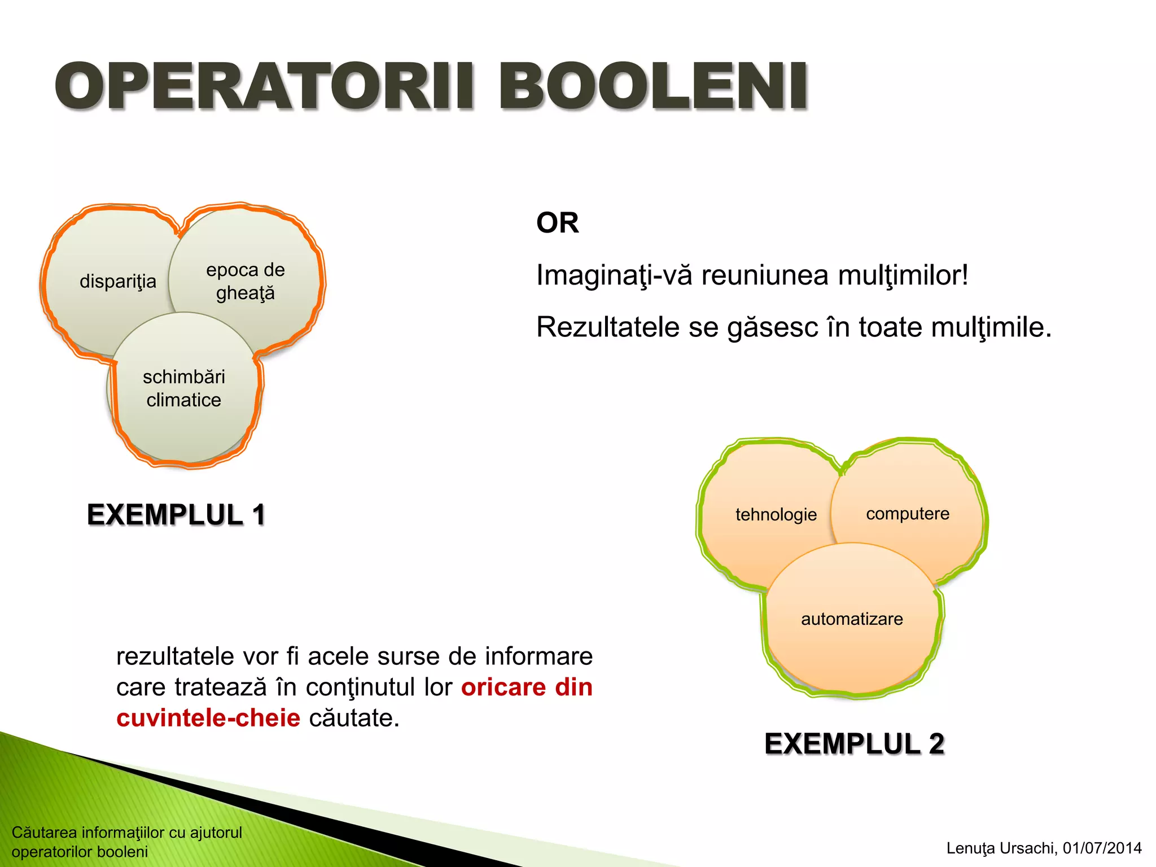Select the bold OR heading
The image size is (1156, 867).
(557, 222)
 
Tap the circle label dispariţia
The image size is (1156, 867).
(118, 281)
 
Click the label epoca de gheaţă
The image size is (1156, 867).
(245, 281)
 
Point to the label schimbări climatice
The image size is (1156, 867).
(183, 388)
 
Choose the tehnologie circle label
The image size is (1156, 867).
(776, 514)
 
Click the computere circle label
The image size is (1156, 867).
(907, 514)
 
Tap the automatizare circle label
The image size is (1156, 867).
(852, 619)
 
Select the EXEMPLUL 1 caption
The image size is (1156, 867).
(176, 514)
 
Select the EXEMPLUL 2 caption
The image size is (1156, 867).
(854, 743)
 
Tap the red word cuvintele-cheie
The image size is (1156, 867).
(208, 718)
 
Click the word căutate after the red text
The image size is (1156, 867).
(354, 718)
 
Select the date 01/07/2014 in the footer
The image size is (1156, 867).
(1102, 848)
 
